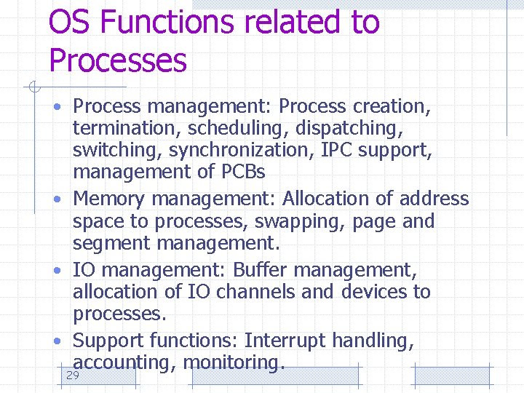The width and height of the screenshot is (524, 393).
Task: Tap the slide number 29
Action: (72, 376)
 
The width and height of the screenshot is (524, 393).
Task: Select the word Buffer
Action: (261, 269)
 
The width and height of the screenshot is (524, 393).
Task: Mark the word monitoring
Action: (231, 362)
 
